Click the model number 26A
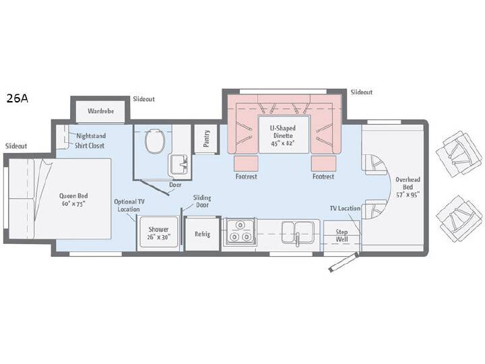pyautogui.click(x=18, y=98)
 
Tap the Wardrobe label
pyautogui.click(x=100, y=111)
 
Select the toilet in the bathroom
pyautogui.click(x=155, y=141)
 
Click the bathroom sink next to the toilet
pyautogui.click(x=179, y=164)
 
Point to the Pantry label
pyautogui.click(x=206, y=138)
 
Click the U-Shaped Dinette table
pyautogui.click(x=284, y=134)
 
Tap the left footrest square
pyautogui.click(x=246, y=163)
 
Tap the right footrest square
pyautogui.click(x=323, y=163)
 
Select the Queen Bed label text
pyautogui.click(x=73, y=200)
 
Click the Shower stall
pyautogui.click(x=158, y=232)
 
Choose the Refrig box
pyautogui.click(x=202, y=235)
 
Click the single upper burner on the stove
pyautogui.click(x=239, y=224)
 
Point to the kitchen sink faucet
pyautogui.click(x=297, y=239)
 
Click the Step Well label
pyautogui.click(x=342, y=235)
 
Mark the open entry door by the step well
pyautogui.click(x=344, y=262)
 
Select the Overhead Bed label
pyautogui.click(x=408, y=187)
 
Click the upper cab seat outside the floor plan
pyautogui.click(x=459, y=154)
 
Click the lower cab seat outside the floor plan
pyautogui.click(x=459, y=218)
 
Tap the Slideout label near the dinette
pyautogui.click(x=362, y=92)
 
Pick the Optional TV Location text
pyautogui.click(x=129, y=205)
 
